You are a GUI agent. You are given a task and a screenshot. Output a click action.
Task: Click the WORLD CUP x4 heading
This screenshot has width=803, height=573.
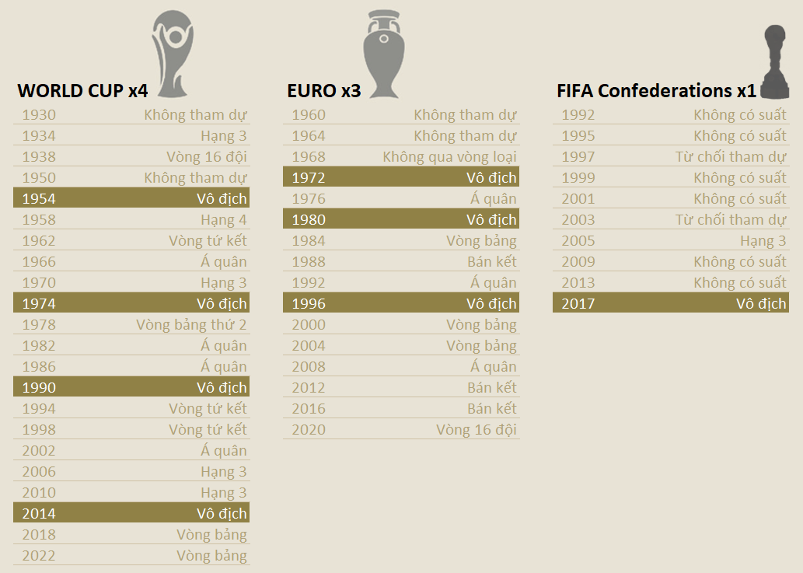coord(82,91)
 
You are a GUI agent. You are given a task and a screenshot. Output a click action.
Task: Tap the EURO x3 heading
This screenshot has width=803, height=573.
coord(323,91)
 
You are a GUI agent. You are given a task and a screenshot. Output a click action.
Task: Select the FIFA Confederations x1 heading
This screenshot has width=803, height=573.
coord(656,91)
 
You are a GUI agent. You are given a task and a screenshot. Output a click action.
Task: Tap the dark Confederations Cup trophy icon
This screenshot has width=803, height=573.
coord(774,62)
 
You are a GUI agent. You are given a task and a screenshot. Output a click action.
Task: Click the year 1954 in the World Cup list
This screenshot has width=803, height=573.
coord(39,199)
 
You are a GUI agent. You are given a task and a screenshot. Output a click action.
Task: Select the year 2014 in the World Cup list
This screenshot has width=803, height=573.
coord(39,514)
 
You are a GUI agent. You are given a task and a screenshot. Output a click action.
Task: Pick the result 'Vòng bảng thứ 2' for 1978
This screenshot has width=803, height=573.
coord(191,325)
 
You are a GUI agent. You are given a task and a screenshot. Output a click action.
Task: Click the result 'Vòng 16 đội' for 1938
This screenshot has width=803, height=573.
coord(206,157)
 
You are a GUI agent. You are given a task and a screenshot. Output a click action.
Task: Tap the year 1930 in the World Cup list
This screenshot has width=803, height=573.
coord(39,115)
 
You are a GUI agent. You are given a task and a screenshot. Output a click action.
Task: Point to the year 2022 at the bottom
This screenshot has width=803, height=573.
coord(39,556)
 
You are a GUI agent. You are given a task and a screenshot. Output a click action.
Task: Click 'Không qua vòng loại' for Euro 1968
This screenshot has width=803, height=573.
coord(449,157)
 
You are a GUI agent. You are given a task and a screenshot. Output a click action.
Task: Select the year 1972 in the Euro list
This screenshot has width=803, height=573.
coord(309,178)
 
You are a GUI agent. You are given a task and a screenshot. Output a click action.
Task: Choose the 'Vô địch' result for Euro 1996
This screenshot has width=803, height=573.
coord(491,304)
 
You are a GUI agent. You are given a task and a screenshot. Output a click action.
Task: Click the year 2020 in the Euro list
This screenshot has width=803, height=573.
coord(309,430)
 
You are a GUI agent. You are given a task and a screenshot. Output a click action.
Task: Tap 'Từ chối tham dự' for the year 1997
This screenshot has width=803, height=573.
coord(731,157)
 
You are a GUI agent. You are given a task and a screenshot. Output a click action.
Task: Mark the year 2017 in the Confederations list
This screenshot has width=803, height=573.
coord(578,304)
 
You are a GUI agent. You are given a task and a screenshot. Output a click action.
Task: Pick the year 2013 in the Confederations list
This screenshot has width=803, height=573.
coord(578,283)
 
